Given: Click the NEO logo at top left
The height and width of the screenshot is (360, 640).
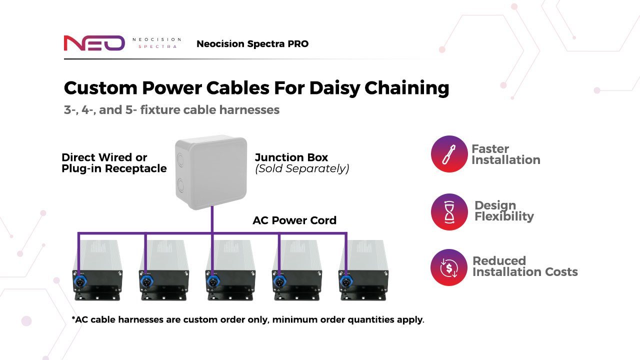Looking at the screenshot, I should tap(94, 43).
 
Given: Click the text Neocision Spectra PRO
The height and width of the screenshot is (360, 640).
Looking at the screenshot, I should tap(252, 44).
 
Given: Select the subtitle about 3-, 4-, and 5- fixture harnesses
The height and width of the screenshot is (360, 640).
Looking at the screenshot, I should tap(171, 109).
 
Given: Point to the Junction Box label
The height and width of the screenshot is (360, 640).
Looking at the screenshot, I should tap(291, 157).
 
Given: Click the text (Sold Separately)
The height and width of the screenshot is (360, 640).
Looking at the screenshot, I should tap(302, 169).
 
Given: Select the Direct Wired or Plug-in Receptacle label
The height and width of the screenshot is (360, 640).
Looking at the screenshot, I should tap(114, 163).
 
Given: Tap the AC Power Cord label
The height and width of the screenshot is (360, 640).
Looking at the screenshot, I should tap(294, 220).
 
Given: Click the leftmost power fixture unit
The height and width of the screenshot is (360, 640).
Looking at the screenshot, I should tap(97, 270).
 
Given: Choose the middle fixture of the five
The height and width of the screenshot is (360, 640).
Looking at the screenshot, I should tap(230, 270).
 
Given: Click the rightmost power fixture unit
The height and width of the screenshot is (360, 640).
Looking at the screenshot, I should tap(363, 270).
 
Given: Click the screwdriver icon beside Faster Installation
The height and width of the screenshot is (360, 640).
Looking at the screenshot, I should tap(449, 154).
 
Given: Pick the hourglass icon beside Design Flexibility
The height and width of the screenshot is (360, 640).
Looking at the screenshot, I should tap(449, 211).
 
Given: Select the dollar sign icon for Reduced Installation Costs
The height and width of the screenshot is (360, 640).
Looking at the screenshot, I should tap(449, 267).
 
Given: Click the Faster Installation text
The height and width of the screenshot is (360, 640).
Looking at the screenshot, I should tap(505, 154).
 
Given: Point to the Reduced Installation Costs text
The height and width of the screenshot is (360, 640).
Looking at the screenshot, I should tap(524, 266).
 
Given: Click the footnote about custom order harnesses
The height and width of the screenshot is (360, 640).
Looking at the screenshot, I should tap(248, 319).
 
